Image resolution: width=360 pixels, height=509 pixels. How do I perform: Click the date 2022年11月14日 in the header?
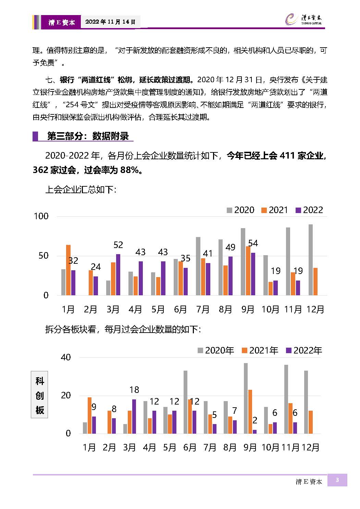pyautogui.click(x=110, y=22)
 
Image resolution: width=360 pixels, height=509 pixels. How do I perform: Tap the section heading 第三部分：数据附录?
pyautogui.click(x=88, y=136)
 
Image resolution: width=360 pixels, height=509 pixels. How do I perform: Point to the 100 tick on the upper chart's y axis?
pyautogui.click(x=41, y=216)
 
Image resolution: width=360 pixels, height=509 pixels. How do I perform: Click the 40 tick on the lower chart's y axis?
pyautogui.click(x=66, y=357)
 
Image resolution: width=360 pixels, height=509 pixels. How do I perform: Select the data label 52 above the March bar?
pyautogui.click(x=118, y=245)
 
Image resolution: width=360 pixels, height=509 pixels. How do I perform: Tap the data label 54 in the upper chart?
pyautogui.click(x=253, y=243)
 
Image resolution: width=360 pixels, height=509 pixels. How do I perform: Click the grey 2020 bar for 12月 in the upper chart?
pyautogui.click(x=310, y=260)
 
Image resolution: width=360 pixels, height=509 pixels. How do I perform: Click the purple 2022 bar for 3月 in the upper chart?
pyautogui.click(x=118, y=275)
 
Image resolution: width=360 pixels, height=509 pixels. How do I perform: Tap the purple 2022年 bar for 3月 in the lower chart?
pyautogui.click(x=134, y=417)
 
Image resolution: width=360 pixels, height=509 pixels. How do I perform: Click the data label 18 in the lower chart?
pyautogui.click(x=134, y=390)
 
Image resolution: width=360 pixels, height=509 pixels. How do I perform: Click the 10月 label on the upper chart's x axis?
pyautogui.click(x=270, y=310)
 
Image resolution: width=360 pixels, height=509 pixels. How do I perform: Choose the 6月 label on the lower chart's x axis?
pyautogui.click(x=190, y=447)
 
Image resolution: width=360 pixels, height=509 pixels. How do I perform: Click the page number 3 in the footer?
pyautogui.click(x=337, y=480)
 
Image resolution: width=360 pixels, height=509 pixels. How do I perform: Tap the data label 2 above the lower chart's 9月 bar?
pyautogui.click(x=255, y=421)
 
